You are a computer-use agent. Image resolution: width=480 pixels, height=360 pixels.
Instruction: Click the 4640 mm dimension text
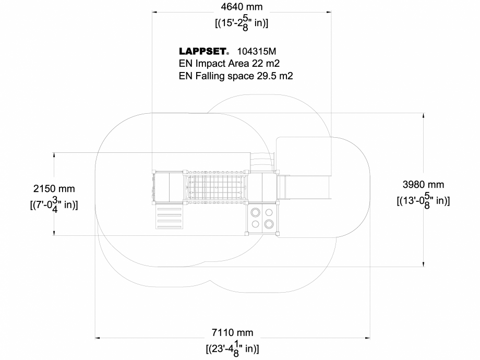click(242, 7)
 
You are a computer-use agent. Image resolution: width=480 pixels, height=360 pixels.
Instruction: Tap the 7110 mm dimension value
click(232, 333)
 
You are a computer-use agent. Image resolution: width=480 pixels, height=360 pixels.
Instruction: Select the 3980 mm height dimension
click(423, 184)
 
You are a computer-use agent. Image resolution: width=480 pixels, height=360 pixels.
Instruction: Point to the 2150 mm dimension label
click(54, 188)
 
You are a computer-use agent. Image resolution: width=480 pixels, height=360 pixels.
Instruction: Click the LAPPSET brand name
click(203, 51)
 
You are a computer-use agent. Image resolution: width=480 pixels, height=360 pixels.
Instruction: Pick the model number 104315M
click(256, 51)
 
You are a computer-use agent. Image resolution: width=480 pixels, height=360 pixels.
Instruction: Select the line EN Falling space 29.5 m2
click(236, 76)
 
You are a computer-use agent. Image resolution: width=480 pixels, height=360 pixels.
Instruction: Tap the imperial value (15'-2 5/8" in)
click(242, 23)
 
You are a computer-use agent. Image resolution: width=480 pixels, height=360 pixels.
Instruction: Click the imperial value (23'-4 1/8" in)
click(232, 348)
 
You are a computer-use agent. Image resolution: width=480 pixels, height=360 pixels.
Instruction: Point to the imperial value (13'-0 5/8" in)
click(423, 200)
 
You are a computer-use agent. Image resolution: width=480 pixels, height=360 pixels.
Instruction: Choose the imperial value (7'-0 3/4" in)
click(54, 204)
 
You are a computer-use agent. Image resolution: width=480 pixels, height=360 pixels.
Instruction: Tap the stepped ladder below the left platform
click(170, 216)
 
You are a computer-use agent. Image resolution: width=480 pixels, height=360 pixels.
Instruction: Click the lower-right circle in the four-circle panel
click(269, 224)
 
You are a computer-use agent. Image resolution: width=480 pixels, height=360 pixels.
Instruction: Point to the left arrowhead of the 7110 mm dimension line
click(96, 338)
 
